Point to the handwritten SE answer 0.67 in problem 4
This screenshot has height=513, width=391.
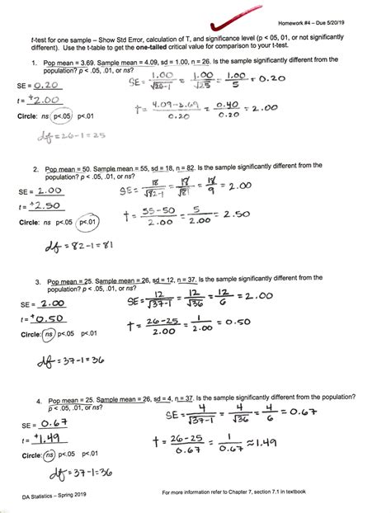point(46,424)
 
